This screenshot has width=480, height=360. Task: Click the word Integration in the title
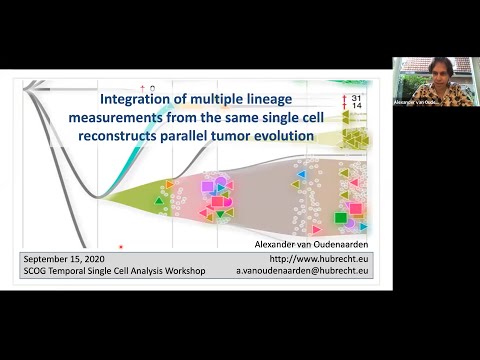pyautogui.click(x=139, y=99)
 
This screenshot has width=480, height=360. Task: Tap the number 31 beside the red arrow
pyautogui.click(x=356, y=96)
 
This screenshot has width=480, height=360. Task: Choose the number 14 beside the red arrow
pyautogui.click(x=356, y=105)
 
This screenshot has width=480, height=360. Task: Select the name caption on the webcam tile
pyautogui.click(x=417, y=102)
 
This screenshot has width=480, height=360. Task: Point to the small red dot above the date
pyautogui.click(x=121, y=245)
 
